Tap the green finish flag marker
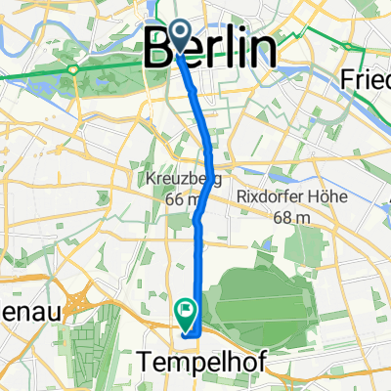tap(185, 312)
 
